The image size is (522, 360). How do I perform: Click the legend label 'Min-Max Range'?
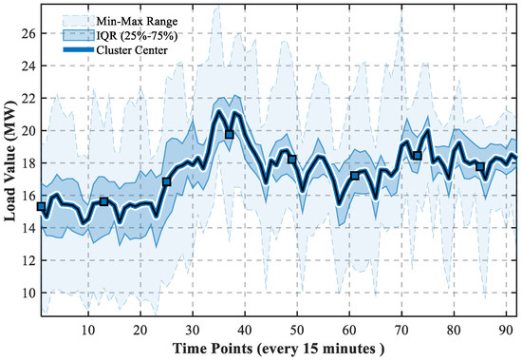(137, 22)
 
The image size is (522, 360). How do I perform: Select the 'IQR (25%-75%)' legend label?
(137, 36)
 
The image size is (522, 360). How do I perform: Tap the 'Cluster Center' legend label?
(132, 50)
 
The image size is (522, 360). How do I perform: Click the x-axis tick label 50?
(297, 331)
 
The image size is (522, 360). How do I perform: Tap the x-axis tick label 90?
(506, 331)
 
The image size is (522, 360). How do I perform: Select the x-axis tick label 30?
(193, 331)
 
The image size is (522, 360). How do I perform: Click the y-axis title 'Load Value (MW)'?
(10, 161)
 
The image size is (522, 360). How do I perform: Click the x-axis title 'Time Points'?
(213, 349)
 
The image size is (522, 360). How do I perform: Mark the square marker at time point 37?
(229, 135)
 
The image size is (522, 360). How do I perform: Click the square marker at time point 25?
(166, 182)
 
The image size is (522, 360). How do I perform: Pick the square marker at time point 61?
(355, 176)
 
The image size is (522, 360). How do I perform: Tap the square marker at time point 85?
(480, 166)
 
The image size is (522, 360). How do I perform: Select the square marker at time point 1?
(41, 207)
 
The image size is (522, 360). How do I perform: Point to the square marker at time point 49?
(292, 160)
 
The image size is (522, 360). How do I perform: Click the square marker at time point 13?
(103, 201)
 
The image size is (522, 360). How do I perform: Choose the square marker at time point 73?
(418, 156)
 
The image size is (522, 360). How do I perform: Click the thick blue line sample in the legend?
(79, 50)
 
